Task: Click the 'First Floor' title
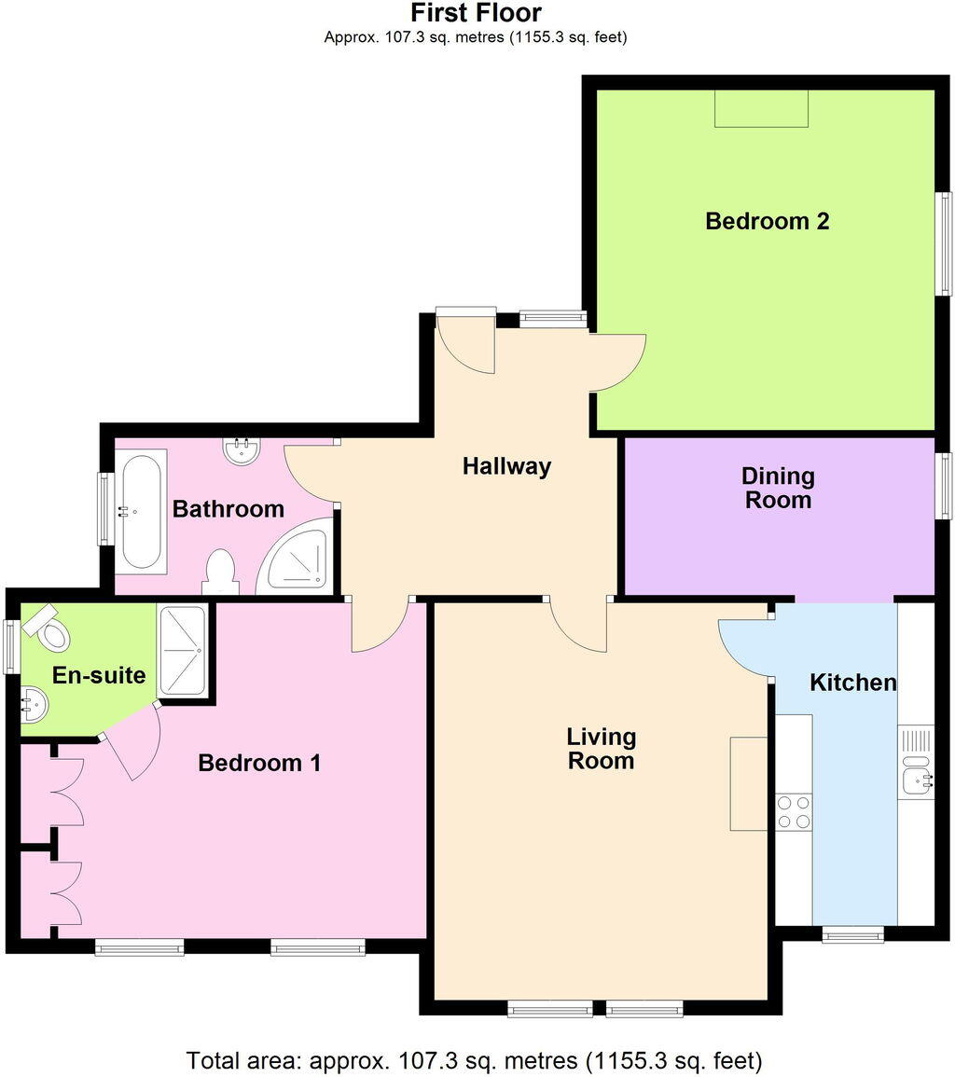476,14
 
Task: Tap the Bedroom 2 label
767,221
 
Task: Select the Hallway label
506,466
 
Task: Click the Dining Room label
777,488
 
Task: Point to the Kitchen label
852,683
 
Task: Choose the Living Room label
602,748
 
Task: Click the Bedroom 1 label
259,763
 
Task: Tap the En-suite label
99,675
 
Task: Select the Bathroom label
228,509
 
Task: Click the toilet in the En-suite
48,628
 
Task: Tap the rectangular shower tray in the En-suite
183,650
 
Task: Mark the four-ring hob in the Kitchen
793,811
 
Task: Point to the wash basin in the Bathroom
242,451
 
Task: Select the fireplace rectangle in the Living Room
748,782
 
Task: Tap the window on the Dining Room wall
945,485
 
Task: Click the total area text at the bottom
476,1060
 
